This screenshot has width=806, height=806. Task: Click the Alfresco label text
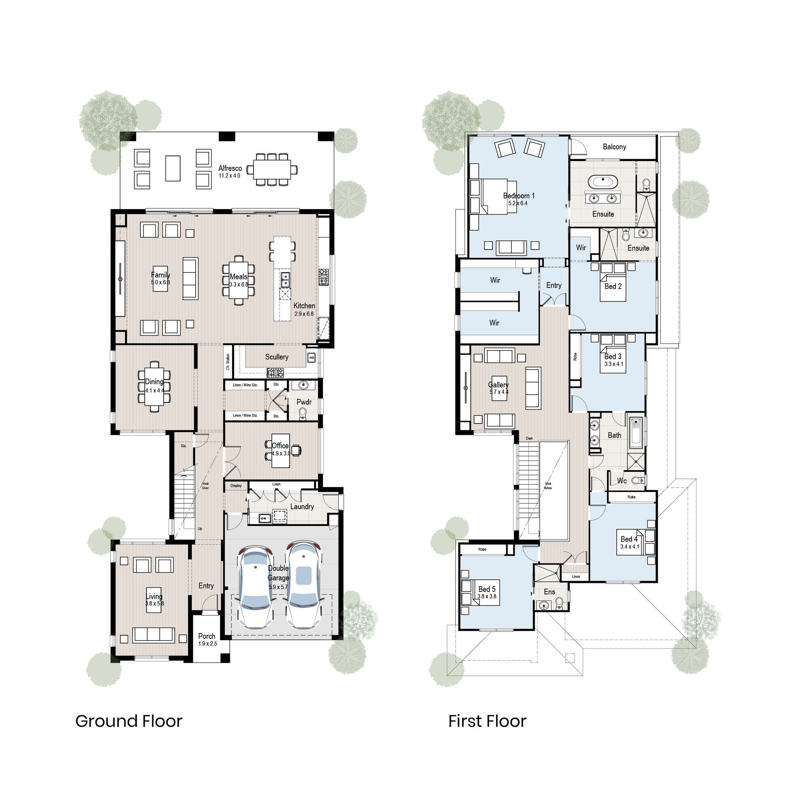(230, 168)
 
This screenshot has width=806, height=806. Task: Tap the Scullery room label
(277, 357)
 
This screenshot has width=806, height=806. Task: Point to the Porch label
(207, 636)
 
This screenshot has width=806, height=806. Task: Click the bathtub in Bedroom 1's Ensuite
(603, 182)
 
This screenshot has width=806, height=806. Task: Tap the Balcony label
(614, 147)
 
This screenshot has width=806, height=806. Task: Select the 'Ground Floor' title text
(129, 721)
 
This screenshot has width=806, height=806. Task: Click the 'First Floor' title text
(487, 721)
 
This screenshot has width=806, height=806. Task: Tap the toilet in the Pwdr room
(303, 415)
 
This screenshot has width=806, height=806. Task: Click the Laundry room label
(302, 507)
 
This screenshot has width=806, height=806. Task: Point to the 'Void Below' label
(548, 486)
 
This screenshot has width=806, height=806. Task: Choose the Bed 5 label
(487, 589)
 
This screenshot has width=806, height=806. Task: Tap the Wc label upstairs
(622, 481)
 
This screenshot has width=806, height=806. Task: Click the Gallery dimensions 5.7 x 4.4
(499, 392)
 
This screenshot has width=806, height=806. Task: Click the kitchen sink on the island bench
(285, 277)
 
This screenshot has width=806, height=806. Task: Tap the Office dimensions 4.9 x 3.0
(280, 453)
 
